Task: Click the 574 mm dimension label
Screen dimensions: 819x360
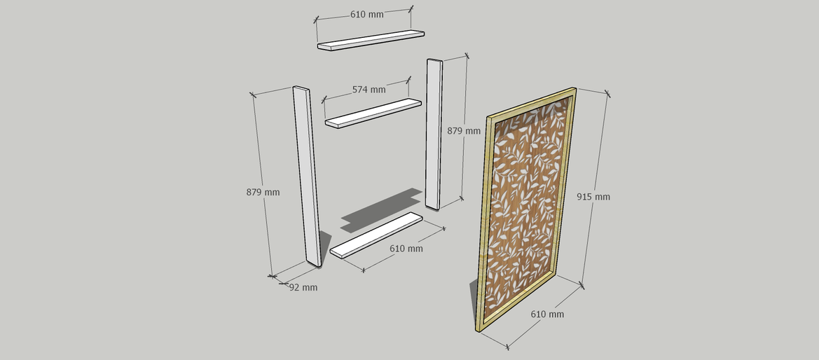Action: tap(369, 90)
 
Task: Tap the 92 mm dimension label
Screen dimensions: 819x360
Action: tap(303, 287)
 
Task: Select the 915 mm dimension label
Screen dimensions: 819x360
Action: tap(593, 196)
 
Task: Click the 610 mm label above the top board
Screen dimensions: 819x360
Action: tap(366, 14)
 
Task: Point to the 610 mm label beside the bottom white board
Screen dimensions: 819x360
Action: tap(406, 249)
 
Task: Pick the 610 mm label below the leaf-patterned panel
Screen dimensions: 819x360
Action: tap(547, 314)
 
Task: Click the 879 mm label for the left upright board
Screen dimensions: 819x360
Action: tap(263, 193)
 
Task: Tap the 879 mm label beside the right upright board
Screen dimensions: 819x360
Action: tap(464, 131)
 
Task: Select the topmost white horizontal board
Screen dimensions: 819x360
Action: tap(371, 40)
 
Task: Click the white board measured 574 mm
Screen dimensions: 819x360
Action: tap(373, 113)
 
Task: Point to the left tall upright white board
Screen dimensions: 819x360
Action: tap(307, 176)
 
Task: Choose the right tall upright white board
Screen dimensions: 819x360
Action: tap(434, 134)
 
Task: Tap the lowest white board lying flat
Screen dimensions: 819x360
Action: tap(376, 235)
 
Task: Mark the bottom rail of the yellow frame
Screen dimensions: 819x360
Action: tap(518, 301)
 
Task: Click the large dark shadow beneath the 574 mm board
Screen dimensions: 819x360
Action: tap(381, 209)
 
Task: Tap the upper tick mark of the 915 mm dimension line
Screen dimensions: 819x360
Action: tap(607, 94)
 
